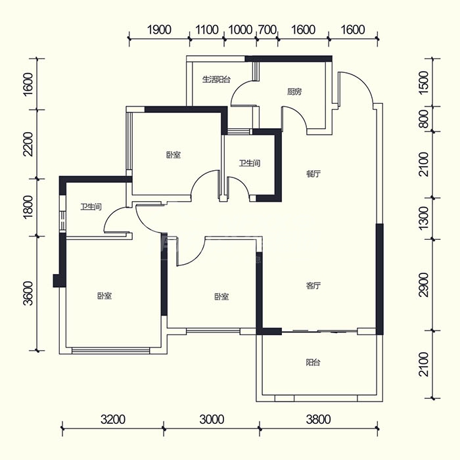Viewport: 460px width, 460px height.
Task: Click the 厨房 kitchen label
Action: pos(294,92)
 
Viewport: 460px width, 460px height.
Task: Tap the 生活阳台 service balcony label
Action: pos(216,80)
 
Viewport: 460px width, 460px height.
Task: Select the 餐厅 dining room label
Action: pos(313,174)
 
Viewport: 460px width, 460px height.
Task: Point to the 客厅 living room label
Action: pos(313,285)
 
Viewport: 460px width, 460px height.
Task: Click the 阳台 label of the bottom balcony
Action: pos(313,363)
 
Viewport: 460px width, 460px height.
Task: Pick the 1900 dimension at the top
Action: pos(159,30)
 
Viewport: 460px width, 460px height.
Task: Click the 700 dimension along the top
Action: pos(267,30)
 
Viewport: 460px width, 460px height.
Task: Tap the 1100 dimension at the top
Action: pos(207,30)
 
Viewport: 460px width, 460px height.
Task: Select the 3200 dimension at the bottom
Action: pos(113,419)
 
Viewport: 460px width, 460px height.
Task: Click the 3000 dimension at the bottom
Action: pos(212,419)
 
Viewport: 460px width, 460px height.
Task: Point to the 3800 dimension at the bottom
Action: pos(318,419)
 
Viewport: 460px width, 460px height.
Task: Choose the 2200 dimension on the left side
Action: pos(29,145)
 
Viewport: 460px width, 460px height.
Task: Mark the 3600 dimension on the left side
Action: pos(29,293)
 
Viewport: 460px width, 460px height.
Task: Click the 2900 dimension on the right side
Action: pos(424,285)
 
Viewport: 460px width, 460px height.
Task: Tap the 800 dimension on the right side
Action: pos(424,119)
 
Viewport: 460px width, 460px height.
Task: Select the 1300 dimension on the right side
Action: pos(424,218)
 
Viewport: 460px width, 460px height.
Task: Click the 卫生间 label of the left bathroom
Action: pos(91,207)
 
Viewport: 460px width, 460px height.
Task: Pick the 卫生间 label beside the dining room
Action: pos(250,163)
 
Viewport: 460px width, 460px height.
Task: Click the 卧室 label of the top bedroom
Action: pos(173,155)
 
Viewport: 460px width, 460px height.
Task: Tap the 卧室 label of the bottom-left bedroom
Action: pos(104,296)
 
